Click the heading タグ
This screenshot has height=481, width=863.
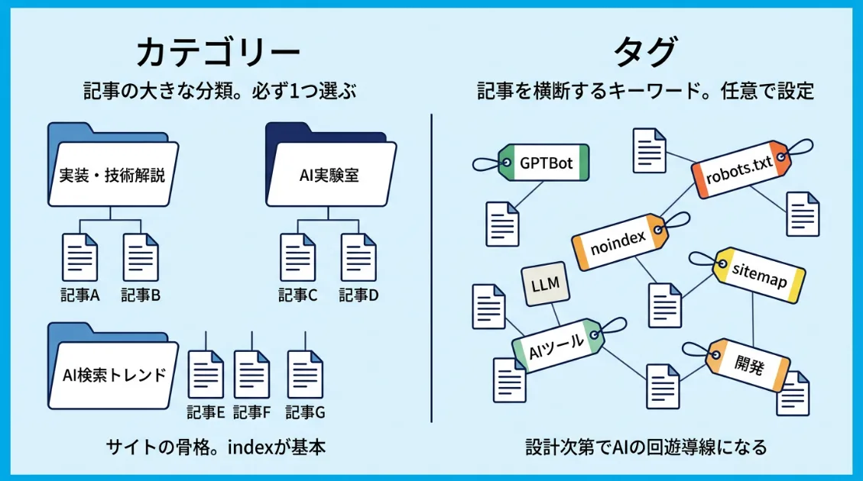point(645,53)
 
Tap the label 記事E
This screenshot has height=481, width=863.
point(206,412)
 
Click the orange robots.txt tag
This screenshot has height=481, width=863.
point(739,169)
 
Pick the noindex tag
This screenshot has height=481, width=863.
point(620,242)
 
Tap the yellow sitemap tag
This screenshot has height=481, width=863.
point(759,273)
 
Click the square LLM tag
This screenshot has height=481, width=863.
point(544,285)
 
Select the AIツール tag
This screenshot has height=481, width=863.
point(557,346)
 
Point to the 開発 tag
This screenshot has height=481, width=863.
point(748,366)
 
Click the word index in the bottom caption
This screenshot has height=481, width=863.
point(252,447)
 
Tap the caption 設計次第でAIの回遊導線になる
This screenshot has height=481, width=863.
point(645,447)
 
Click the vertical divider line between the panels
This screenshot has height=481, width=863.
point(432,267)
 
